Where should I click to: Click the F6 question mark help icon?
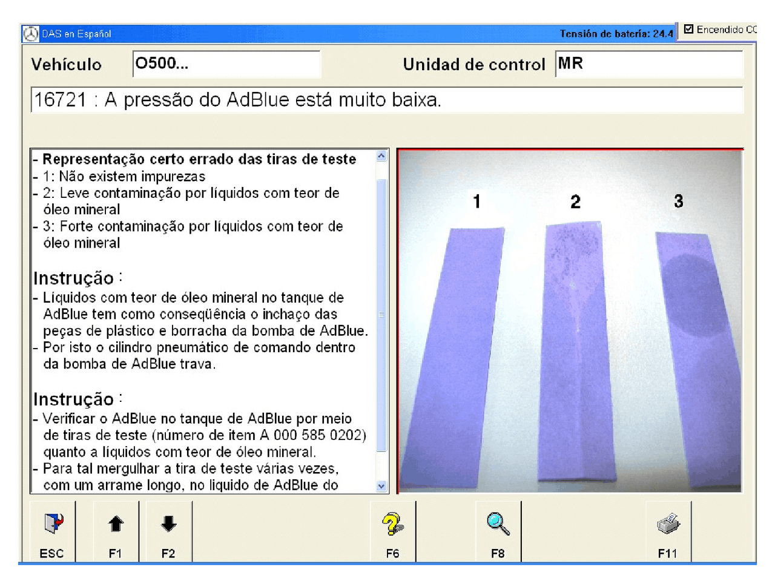(392, 524)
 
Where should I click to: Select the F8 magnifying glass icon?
(498, 524)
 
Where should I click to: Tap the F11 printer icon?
(668, 524)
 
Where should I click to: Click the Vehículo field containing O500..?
(226, 64)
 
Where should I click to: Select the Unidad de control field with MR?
(648, 64)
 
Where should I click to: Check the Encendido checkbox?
(688, 29)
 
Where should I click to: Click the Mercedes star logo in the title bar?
(30, 34)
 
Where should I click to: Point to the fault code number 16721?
(60, 100)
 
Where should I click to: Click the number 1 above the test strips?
(477, 202)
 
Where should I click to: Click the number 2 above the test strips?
(575, 202)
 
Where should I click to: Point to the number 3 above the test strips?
(679, 201)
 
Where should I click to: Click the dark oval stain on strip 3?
(694, 295)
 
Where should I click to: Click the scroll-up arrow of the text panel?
(381, 156)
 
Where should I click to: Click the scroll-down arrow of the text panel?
(381, 485)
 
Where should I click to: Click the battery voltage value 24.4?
(663, 34)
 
